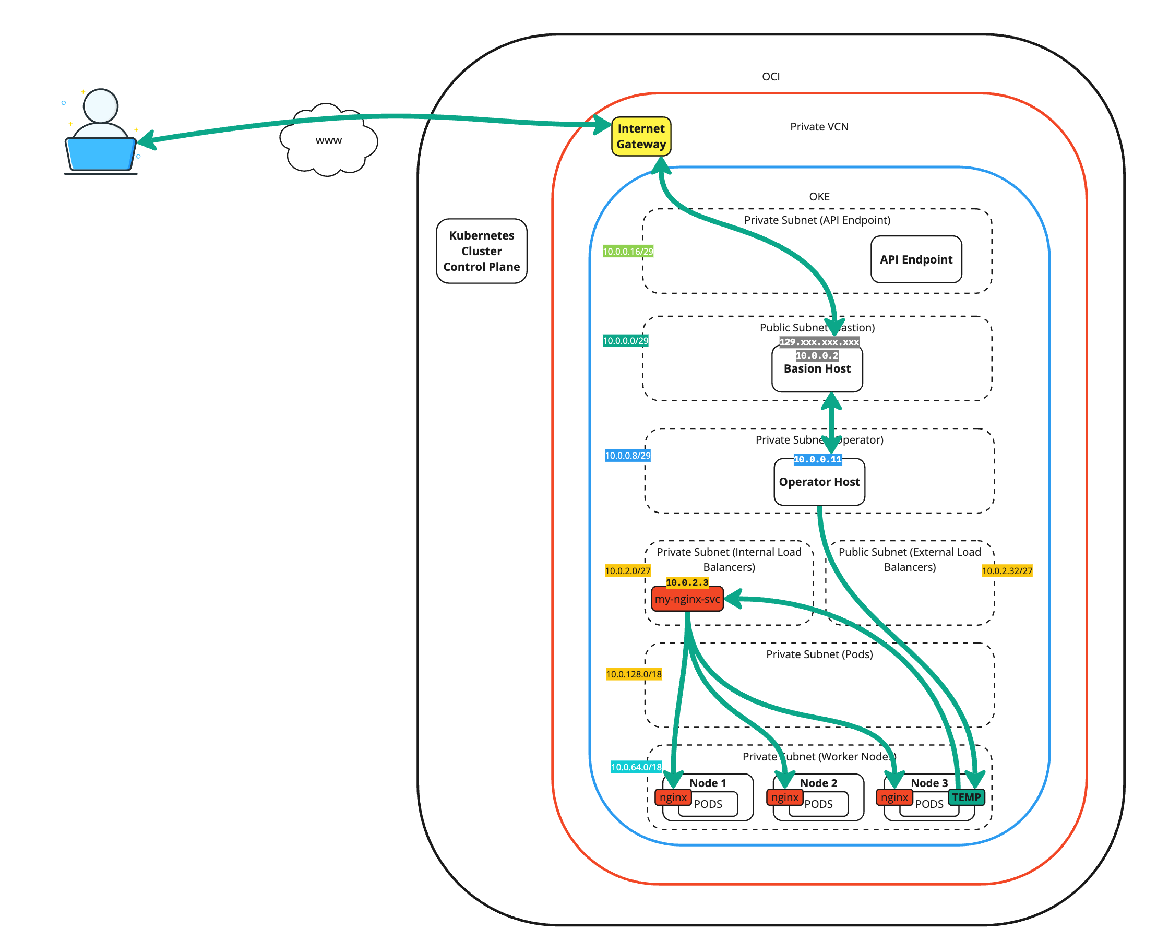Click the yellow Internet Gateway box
click(640, 136)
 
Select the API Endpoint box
click(915, 259)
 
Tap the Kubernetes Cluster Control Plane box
click(481, 251)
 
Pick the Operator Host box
click(819, 482)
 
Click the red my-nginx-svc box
click(687, 599)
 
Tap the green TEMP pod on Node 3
click(965, 797)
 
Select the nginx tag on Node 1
click(673, 797)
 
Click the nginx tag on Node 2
click(784, 797)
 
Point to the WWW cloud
click(328, 140)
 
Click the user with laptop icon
click(100, 133)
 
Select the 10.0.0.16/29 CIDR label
click(627, 252)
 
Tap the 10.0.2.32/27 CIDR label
click(1006, 571)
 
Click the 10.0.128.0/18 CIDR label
click(633, 674)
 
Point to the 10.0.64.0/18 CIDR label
click(636, 767)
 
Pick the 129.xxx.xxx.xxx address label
click(818, 342)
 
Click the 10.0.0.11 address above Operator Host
click(817, 460)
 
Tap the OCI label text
click(771, 77)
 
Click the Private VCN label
click(819, 127)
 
